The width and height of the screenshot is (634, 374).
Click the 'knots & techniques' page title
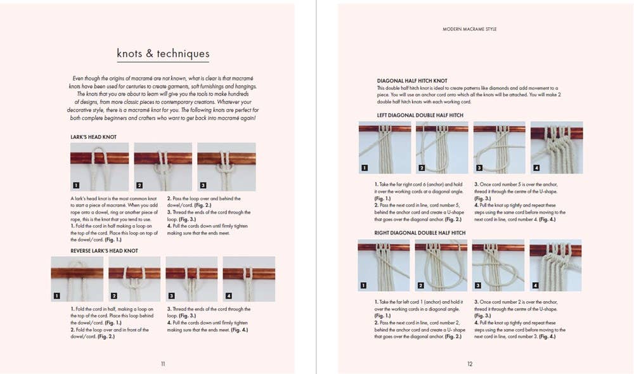(x=163, y=54)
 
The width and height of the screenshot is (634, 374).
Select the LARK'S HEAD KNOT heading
(x=94, y=137)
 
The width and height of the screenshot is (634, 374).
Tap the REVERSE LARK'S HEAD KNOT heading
(x=104, y=251)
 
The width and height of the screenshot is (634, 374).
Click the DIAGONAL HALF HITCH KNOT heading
(x=412, y=81)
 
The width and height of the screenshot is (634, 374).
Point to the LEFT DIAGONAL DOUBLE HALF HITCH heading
(x=420, y=115)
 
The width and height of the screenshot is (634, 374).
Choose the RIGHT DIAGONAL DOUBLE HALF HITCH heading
(x=422, y=233)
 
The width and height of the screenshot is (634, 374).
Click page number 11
(x=163, y=364)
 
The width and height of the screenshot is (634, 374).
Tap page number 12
(x=470, y=364)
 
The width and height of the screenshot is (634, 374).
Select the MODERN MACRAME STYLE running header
(x=470, y=29)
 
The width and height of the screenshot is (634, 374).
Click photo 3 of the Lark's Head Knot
(x=226, y=166)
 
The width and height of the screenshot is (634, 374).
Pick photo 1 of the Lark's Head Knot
(x=100, y=166)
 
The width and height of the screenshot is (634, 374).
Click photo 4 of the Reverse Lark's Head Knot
(x=249, y=278)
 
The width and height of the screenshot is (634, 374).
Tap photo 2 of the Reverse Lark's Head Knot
(x=134, y=278)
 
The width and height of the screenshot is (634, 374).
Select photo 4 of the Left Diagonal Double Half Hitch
(x=556, y=148)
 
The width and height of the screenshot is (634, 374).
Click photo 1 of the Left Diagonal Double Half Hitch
(x=384, y=148)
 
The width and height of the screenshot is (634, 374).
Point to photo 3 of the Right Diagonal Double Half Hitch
(x=498, y=265)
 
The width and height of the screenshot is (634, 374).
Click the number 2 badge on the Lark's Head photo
(x=139, y=186)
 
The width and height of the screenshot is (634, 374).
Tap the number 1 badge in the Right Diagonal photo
(x=364, y=285)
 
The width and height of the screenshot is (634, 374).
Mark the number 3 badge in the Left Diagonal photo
(x=479, y=168)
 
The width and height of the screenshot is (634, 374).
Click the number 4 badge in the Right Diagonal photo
(x=536, y=285)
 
